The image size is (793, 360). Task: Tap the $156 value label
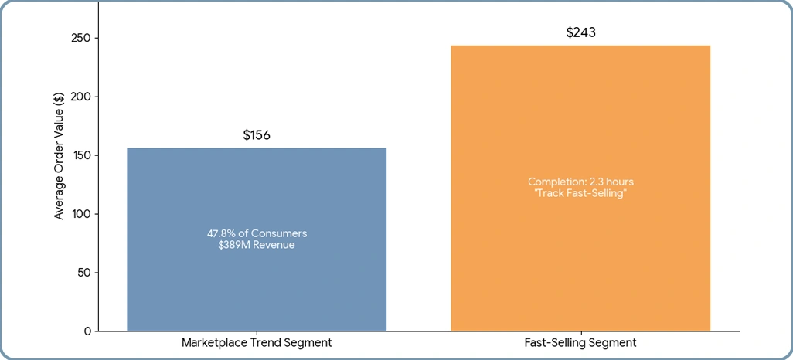click(x=257, y=135)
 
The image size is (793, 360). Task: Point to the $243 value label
click(x=580, y=32)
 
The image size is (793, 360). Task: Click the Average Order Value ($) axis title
click(x=60, y=155)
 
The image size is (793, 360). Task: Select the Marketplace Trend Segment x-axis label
click(x=257, y=342)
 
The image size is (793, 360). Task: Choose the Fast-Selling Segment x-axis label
click(x=580, y=342)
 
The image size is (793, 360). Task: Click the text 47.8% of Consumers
click(x=257, y=233)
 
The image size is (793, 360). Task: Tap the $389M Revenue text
click(x=257, y=245)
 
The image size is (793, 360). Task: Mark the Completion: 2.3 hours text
click(x=580, y=182)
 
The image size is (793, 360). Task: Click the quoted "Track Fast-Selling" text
click(x=580, y=193)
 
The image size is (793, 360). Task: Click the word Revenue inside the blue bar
click(x=274, y=245)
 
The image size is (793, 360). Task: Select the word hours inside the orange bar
click(x=618, y=182)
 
